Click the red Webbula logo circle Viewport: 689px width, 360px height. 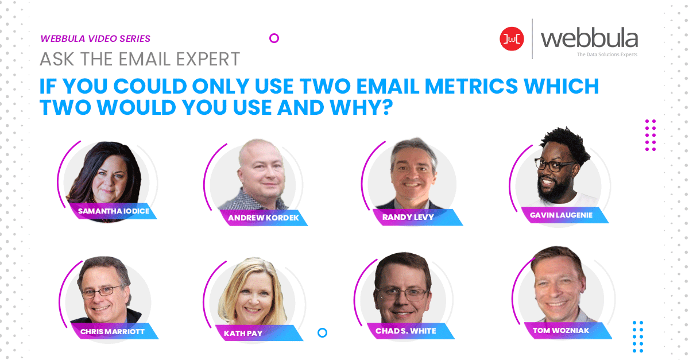[x=512, y=39]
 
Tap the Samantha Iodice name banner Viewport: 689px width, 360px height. [x=114, y=211]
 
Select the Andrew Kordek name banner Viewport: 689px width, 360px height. [x=264, y=218]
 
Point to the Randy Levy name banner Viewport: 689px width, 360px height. [x=417, y=217]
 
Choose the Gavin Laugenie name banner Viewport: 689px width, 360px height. [x=565, y=215]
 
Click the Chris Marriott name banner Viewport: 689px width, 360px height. [x=115, y=331]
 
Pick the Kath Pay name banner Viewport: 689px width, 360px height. [x=259, y=333]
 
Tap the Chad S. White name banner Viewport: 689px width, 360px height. [x=411, y=331]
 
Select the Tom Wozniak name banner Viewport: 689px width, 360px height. [x=568, y=331]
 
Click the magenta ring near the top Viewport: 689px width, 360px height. [x=274, y=34]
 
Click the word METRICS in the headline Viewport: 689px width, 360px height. [x=471, y=86]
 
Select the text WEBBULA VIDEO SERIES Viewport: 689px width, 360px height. [x=95, y=39]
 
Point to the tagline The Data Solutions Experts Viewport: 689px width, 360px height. [x=607, y=55]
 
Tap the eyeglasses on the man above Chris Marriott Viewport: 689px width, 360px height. [x=101, y=292]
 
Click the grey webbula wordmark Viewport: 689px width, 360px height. [x=589, y=39]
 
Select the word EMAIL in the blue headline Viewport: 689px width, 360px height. [x=387, y=86]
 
